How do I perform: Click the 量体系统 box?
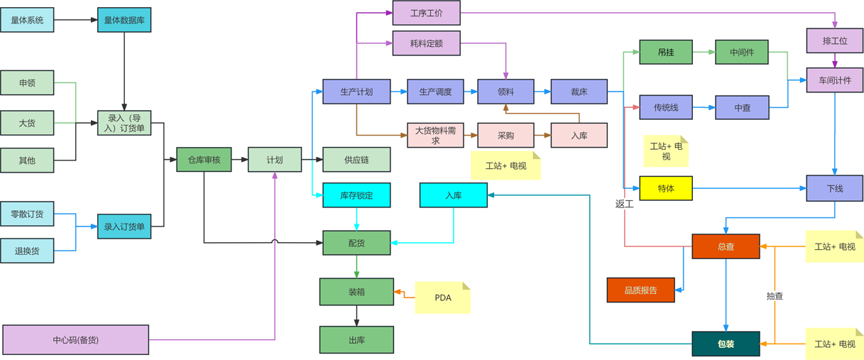(x=27, y=20)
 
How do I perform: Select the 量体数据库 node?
(x=124, y=20)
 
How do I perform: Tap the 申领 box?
(x=27, y=83)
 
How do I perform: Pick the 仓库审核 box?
(x=204, y=160)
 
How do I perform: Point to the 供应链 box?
(x=356, y=160)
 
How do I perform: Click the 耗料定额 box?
(x=426, y=43)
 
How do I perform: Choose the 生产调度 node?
(x=435, y=92)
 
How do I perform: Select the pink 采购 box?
(x=505, y=135)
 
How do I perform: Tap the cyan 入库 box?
(x=453, y=195)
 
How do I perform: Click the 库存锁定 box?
(x=356, y=195)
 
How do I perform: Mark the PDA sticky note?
(x=442, y=298)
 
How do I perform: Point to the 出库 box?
(x=356, y=340)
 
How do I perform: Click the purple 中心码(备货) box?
(x=76, y=339)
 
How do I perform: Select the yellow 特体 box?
(x=665, y=188)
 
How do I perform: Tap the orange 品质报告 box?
(x=640, y=290)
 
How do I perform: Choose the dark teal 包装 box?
(x=726, y=344)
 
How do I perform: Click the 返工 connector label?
(x=624, y=204)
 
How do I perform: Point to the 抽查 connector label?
(x=775, y=296)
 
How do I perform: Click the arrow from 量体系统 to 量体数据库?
(x=75, y=20)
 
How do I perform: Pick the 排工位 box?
(x=835, y=40)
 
